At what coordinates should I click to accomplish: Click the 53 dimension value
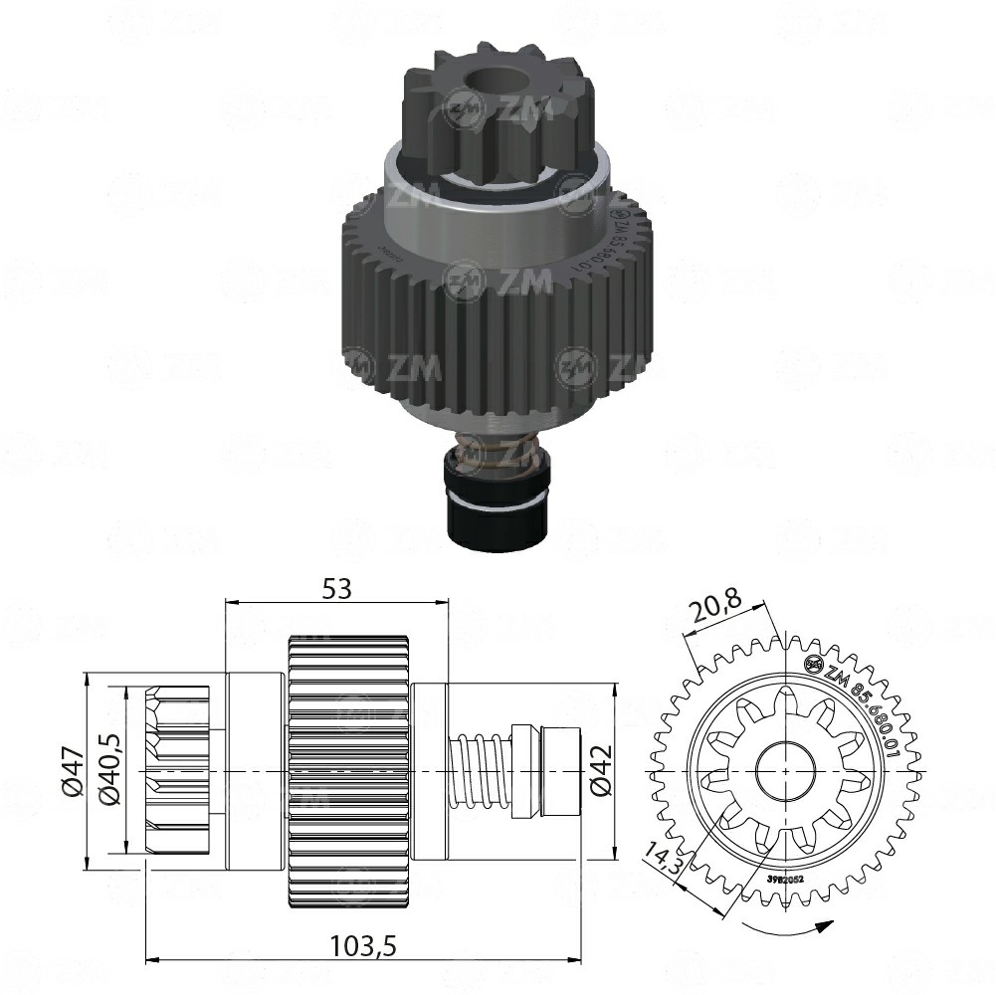(x=337, y=588)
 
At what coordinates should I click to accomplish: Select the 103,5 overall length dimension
(x=363, y=946)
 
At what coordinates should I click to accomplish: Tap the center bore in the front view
(x=786, y=771)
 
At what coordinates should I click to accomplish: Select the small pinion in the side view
(x=178, y=771)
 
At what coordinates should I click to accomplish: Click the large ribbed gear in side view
(x=348, y=771)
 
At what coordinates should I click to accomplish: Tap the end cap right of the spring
(x=561, y=772)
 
